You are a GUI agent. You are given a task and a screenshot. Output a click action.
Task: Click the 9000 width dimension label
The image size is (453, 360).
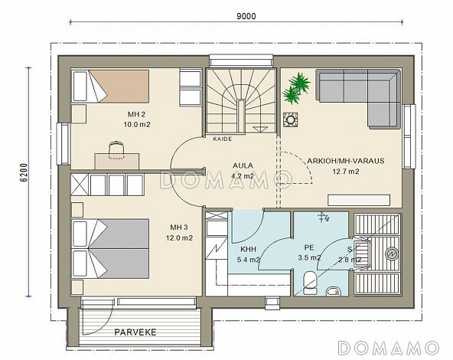point(246,16)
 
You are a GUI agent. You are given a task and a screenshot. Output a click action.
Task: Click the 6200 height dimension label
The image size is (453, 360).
point(24,172)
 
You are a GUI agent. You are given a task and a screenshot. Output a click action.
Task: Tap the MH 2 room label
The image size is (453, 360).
point(136,114)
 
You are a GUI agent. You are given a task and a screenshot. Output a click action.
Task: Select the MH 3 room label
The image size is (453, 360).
point(179,227)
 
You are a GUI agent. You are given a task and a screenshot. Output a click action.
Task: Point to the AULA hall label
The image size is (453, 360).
point(243,165)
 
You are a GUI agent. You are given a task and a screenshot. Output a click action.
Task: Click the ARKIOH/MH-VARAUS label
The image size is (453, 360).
point(346,161)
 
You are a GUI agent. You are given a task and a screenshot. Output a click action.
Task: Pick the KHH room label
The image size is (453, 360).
point(248,249)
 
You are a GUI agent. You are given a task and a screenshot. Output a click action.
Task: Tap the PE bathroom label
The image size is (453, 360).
point(309,247)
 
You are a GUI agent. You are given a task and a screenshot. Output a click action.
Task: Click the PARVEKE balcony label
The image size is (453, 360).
point(135,332)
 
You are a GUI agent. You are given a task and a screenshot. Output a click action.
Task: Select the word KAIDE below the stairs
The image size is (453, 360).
point(223,139)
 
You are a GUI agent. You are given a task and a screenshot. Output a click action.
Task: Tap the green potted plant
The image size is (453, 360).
point(296,88)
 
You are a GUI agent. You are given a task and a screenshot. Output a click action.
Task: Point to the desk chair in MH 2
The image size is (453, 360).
point(117,150)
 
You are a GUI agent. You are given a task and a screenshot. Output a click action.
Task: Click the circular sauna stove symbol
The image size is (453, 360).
point(392,254)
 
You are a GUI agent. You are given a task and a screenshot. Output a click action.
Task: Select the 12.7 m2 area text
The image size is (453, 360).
point(346,172)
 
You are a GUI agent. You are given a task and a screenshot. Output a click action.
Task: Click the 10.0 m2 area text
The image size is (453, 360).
point(137,125)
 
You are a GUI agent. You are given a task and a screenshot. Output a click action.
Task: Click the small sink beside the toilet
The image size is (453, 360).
point(334,292)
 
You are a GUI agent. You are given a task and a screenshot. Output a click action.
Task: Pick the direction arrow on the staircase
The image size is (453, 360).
point(261,129)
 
